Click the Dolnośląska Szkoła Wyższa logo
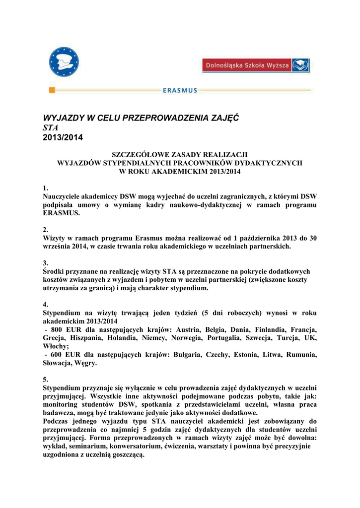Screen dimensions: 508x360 pos(256,65)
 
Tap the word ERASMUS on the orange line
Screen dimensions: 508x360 pos(180,90)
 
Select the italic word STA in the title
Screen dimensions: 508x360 pos(51,127)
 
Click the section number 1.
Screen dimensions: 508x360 pos(45,188)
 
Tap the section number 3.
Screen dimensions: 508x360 pos(45,263)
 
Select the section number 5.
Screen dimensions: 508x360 pos(45,380)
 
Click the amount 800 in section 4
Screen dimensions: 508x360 pos(57,329)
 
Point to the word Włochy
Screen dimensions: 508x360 pos(55,346)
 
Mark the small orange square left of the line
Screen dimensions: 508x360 pos(52,90)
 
